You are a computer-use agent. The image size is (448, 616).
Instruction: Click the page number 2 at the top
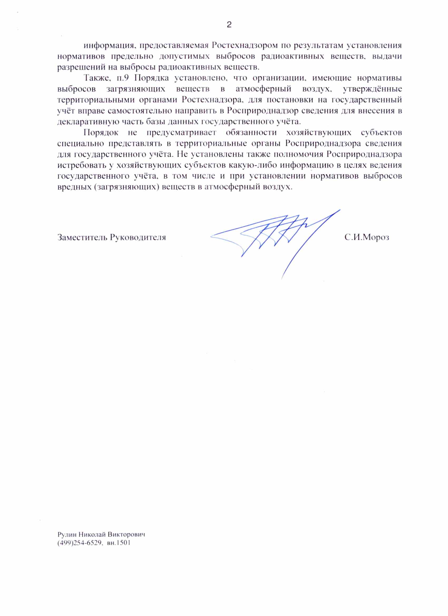point(229,25)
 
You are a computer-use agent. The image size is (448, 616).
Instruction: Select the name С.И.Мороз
point(367,237)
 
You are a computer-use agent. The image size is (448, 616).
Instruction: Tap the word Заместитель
point(82,237)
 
